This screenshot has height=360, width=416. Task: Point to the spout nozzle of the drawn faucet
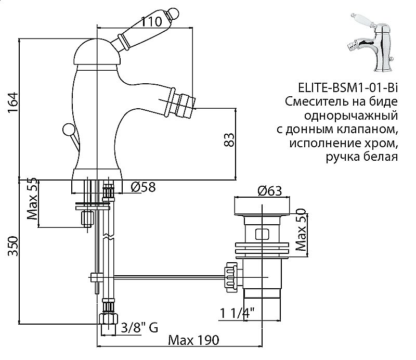tap(182, 104)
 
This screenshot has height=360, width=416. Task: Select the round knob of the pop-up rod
tap(67, 128)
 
